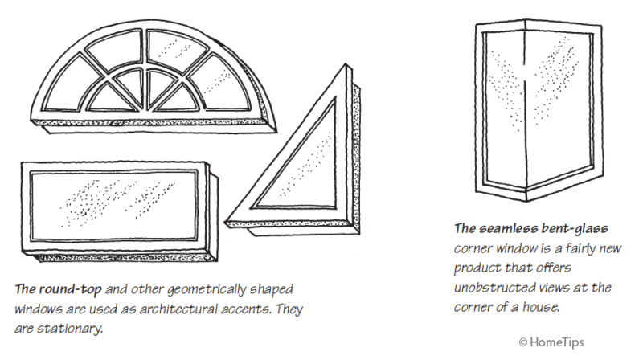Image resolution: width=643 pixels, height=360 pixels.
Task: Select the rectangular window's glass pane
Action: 113,206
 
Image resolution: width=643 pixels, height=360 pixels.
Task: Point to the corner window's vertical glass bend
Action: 526,111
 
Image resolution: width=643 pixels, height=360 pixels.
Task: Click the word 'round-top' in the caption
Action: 70,289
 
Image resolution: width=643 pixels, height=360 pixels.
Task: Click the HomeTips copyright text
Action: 551,342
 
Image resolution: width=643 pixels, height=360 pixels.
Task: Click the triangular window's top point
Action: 346,64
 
